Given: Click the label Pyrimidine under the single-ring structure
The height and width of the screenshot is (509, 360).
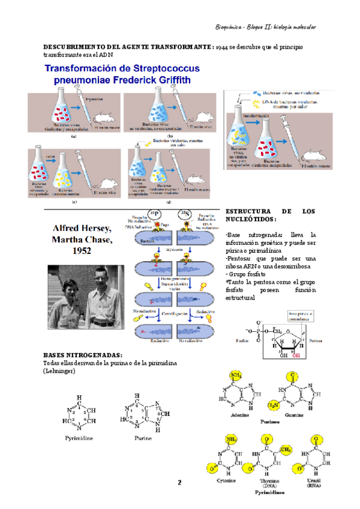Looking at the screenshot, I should pyautogui.click(x=79, y=438).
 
